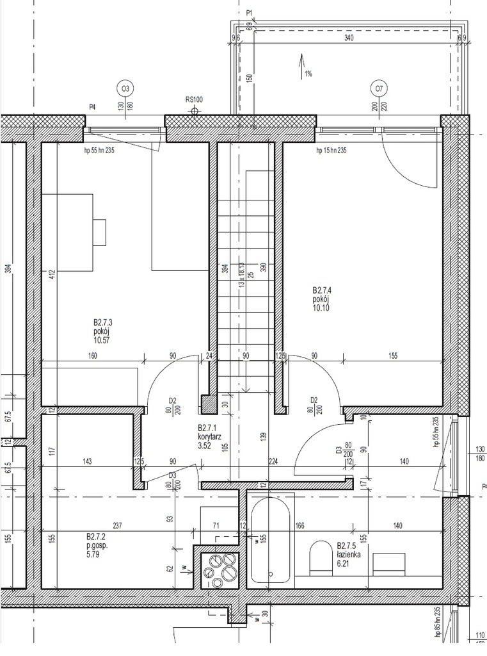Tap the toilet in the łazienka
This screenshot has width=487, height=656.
319,557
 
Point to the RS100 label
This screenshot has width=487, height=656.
194,99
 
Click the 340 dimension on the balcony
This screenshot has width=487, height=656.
349,38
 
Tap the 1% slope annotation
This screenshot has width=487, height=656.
308,74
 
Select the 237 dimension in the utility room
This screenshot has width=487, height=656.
116,525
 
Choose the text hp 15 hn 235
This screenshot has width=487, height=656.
331,151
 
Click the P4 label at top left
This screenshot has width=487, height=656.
92,107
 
